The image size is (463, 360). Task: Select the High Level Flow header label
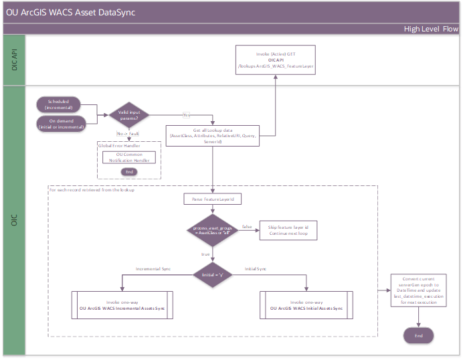click(x=431, y=29)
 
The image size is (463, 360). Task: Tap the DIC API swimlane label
click(x=13, y=60)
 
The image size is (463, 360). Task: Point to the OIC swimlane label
click(x=13, y=220)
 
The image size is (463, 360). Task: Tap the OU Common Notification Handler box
click(x=129, y=158)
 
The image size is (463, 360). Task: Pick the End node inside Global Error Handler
click(x=128, y=172)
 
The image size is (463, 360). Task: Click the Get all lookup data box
click(x=211, y=134)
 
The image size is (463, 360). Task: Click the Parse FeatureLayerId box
click(x=211, y=199)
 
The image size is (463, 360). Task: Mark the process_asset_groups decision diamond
click(x=211, y=231)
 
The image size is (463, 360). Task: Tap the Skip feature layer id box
click(x=288, y=231)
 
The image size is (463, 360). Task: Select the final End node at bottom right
click(x=418, y=335)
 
